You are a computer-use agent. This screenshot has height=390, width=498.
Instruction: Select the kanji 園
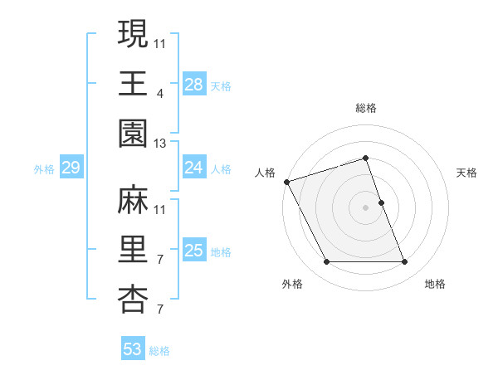[132, 132]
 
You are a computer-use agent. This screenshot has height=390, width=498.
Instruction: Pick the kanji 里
[132, 250]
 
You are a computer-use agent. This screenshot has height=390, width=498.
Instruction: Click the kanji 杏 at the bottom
[132, 300]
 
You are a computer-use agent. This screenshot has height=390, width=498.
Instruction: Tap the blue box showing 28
[194, 84]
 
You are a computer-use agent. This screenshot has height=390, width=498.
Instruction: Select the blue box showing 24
[194, 168]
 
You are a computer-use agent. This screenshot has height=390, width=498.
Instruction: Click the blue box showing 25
[194, 251]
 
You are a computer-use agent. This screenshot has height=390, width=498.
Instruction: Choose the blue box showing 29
[71, 168]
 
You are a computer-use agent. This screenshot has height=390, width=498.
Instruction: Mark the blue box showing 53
[133, 349]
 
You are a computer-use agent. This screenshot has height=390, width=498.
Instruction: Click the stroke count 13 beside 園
[160, 144]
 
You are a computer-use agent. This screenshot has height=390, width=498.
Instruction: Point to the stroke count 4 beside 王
[160, 93]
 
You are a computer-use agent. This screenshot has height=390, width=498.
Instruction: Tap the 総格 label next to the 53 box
[159, 351]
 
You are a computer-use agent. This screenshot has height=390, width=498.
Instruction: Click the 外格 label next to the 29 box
[44, 169]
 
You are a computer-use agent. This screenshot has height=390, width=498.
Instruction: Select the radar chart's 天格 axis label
[467, 173]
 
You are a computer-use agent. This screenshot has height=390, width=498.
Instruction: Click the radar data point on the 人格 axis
[286, 181]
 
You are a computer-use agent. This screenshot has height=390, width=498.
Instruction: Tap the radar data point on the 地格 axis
[404, 262]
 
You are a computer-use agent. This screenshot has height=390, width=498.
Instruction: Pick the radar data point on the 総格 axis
[365, 158]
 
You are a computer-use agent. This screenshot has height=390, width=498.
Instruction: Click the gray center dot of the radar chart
[365, 207]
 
